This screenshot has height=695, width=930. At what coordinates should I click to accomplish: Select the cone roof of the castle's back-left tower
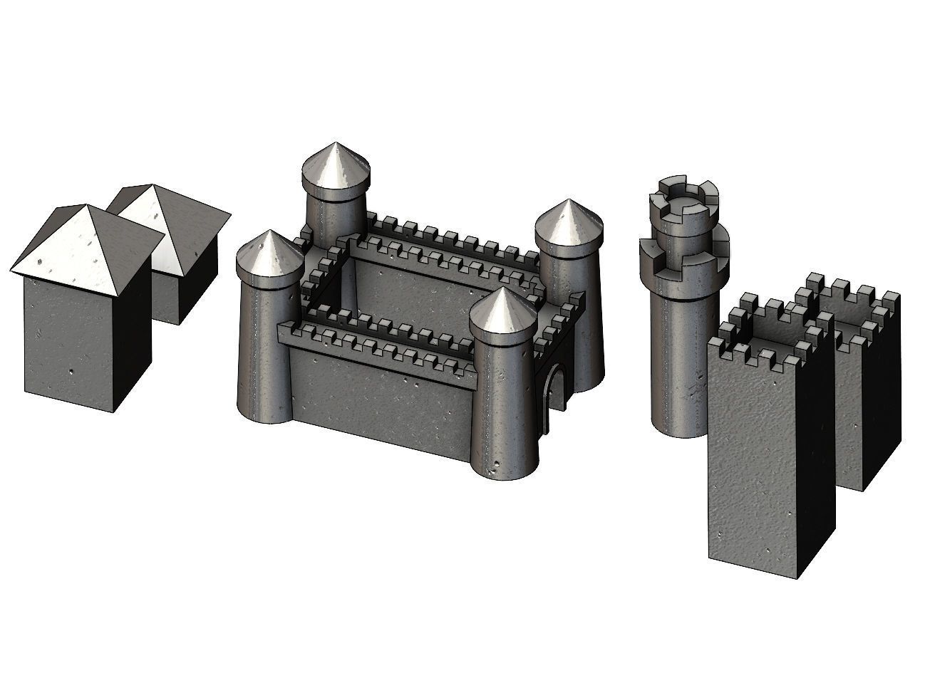click(336, 167)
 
